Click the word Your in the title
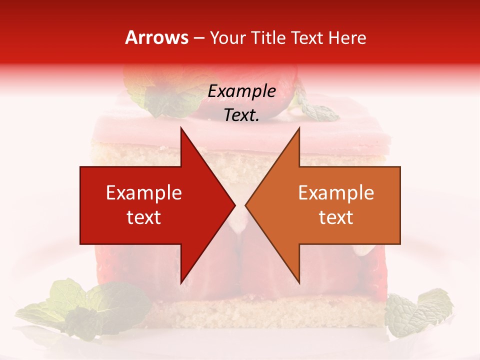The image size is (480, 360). point(227,38)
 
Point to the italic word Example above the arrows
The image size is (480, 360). point(241,91)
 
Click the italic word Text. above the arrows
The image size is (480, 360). point(241,115)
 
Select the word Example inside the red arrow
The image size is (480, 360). point(144,192)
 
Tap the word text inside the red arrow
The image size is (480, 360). point(144,217)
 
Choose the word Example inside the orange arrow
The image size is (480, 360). point(336,192)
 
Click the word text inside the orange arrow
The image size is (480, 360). point(336,217)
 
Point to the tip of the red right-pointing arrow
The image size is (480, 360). point(234,205)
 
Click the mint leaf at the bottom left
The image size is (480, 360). point(90,305)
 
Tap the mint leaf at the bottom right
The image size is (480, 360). point(417,312)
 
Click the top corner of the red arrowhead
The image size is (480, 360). point(181,128)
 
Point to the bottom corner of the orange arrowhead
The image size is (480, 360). point(299,282)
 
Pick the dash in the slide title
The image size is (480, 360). point(198,38)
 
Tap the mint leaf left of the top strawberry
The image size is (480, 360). point(160,97)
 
